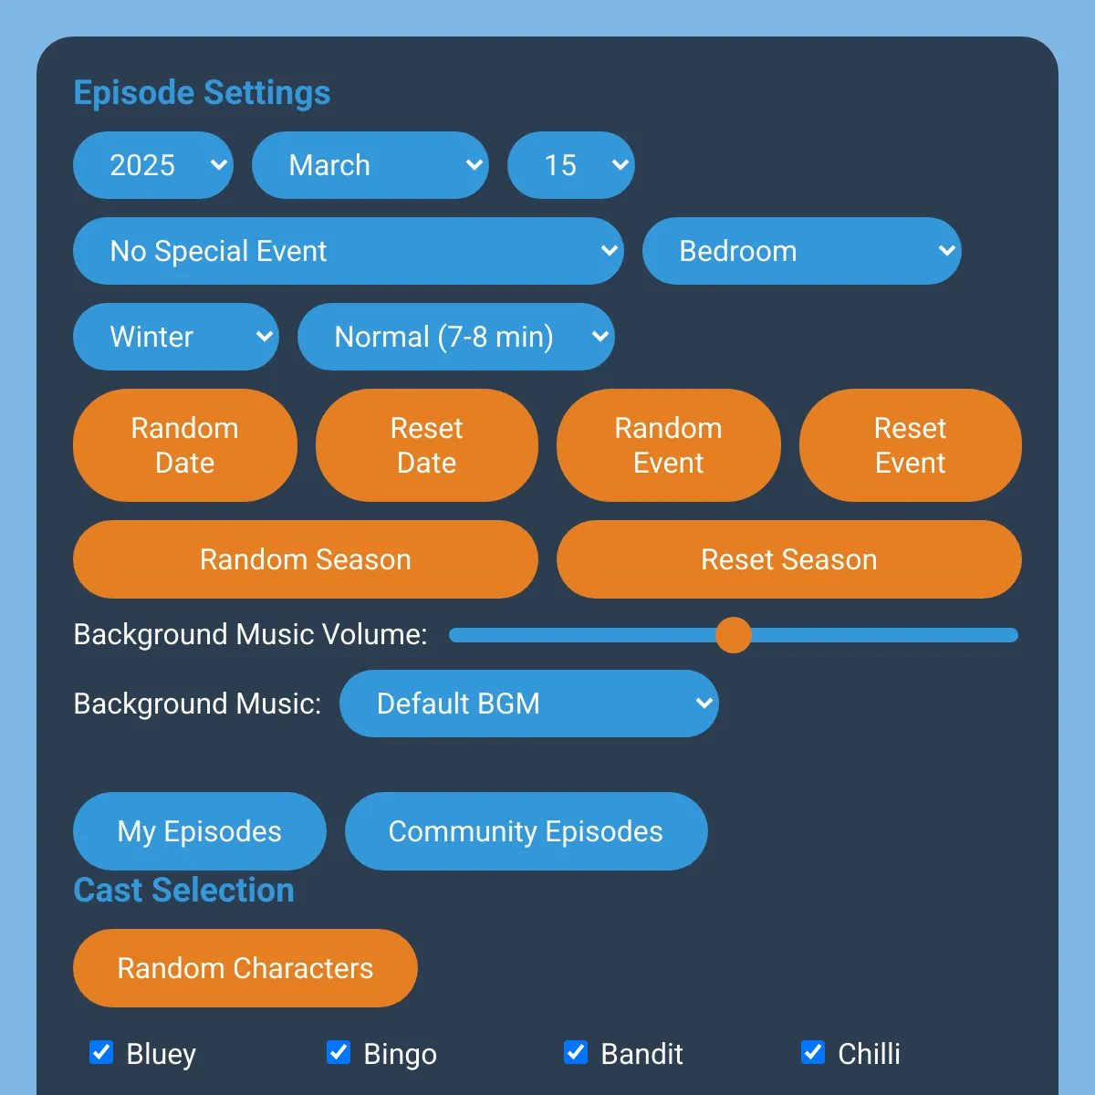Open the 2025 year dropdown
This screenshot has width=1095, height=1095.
point(152,165)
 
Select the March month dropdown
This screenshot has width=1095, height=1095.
point(370,165)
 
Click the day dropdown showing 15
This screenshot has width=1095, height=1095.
point(570,165)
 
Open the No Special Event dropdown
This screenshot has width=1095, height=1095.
point(348,251)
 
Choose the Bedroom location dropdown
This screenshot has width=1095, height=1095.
point(801,251)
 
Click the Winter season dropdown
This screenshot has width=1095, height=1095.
point(175,337)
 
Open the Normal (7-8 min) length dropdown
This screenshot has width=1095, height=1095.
point(455,337)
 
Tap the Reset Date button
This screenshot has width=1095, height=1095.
point(426,445)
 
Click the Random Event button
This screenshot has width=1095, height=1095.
point(668,445)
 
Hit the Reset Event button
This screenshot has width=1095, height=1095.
point(910,445)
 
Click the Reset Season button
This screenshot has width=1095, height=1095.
point(788,559)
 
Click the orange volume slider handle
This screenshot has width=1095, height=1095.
point(733,635)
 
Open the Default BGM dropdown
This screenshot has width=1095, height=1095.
point(528,704)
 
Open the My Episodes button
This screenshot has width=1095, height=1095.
point(199,831)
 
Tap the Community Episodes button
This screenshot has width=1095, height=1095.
point(526,831)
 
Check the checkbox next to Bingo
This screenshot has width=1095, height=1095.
point(339,1052)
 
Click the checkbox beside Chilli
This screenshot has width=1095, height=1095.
point(813,1052)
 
